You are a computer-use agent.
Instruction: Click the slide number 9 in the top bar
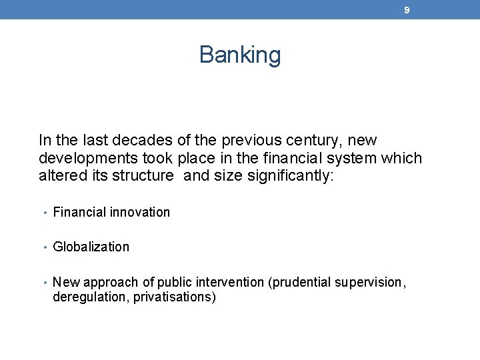pyautogui.click(x=407, y=11)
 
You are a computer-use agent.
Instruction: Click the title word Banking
pyautogui.click(x=240, y=55)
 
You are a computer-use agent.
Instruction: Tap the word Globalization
pyautogui.click(x=91, y=247)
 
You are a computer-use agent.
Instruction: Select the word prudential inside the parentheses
pyautogui.click(x=299, y=283)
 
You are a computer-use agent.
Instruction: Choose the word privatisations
pyautogui.click(x=174, y=297)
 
